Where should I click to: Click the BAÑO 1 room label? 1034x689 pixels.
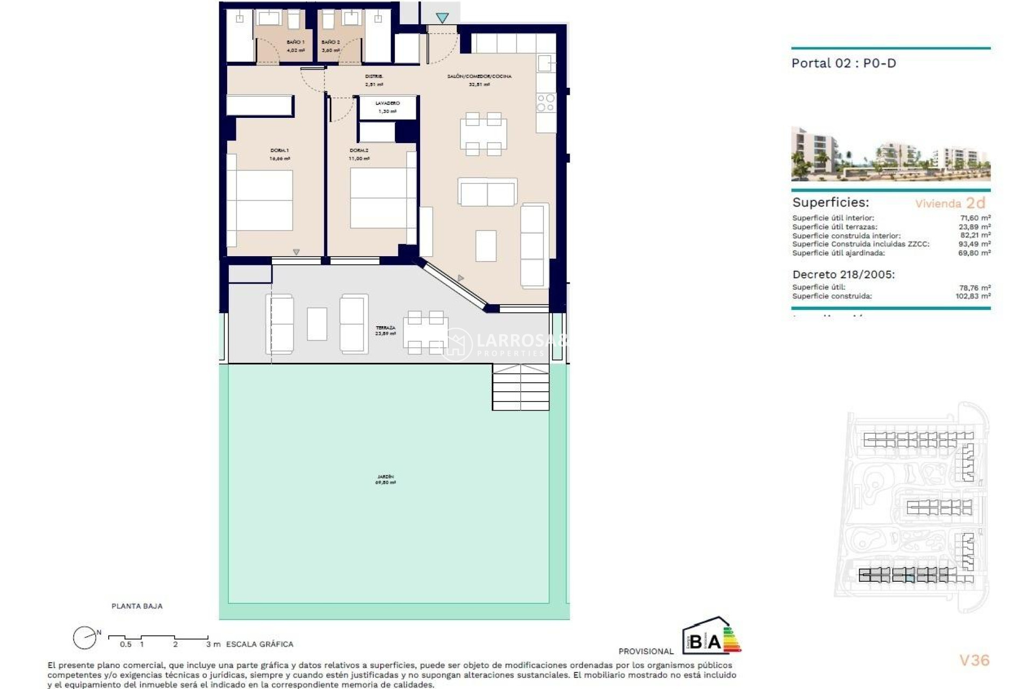[x=295, y=42]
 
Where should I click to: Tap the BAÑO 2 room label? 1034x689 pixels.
[x=330, y=42]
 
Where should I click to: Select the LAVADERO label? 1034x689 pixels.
[x=387, y=103]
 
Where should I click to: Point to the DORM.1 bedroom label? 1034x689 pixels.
[x=280, y=151]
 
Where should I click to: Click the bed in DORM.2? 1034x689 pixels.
[x=379, y=198]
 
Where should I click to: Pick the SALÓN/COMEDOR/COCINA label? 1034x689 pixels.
[x=479, y=76]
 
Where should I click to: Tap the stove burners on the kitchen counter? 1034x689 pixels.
[x=546, y=103]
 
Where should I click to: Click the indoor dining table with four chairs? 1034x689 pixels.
[x=483, y=134]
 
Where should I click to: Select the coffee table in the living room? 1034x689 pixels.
[x=486, y=245]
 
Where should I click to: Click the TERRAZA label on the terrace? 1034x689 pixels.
[x=385, y=328]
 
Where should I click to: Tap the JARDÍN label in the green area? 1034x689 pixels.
[x=385, y=477]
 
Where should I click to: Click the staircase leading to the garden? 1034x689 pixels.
[x=520, y=387]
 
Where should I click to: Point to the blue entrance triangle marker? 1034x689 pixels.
[x=442, y=18]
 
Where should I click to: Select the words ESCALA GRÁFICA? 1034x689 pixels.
[x=260, y=644]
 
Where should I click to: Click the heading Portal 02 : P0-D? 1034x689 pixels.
[x=843, y=64]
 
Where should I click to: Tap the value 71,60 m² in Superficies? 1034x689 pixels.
[x=975, y=218]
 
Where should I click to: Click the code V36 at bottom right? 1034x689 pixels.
[x=974, y=660]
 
